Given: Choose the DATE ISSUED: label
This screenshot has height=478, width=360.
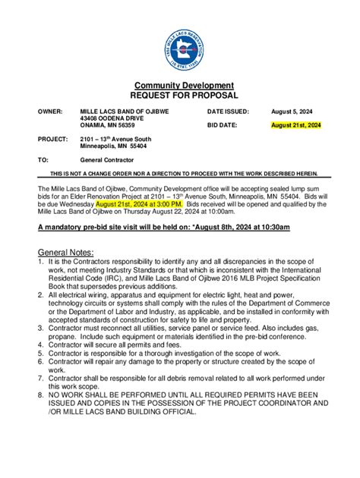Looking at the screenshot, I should click(x=228, y=112).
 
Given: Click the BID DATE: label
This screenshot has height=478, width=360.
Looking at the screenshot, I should click(x=223, y=124).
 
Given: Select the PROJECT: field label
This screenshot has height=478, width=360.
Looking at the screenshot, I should click(x=52, y=139).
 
